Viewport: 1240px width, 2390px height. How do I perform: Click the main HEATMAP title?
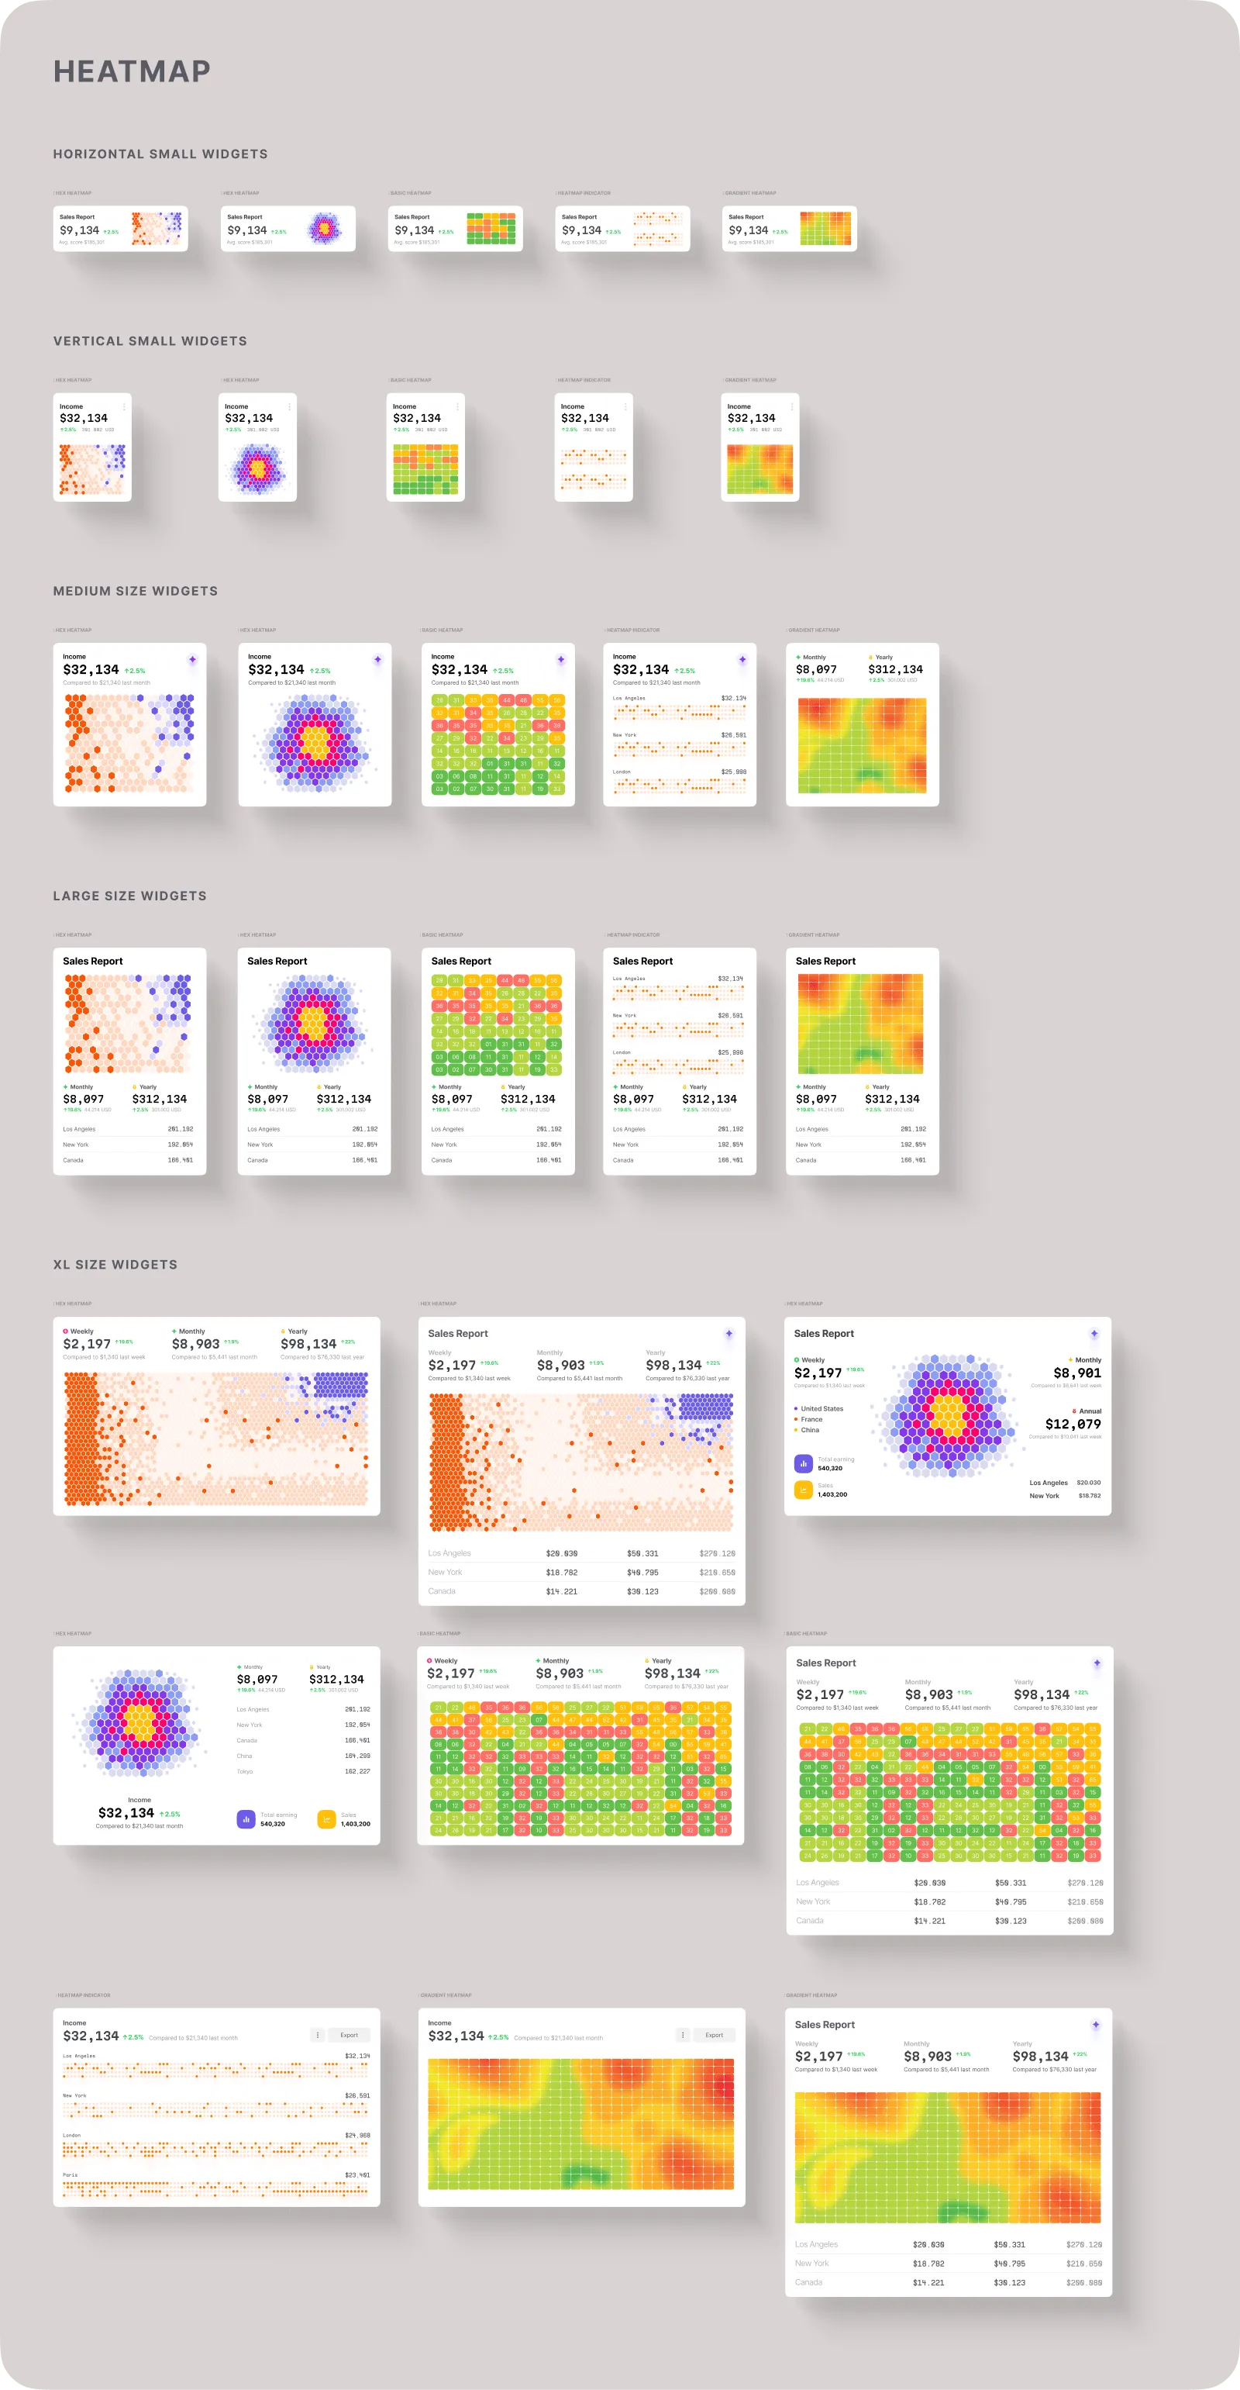point(132,71)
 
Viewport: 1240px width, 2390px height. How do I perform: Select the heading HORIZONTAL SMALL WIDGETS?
point(160,154)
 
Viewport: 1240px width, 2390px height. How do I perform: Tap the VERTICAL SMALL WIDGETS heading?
point(150,341)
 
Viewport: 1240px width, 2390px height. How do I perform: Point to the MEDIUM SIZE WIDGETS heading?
point(136,591)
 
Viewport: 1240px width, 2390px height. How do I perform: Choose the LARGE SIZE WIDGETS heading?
point(130,896)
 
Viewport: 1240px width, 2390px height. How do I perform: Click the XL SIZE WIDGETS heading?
point(115,1265)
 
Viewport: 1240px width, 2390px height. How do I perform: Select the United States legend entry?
point(821,1408)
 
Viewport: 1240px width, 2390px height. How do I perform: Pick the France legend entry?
point(811,1420)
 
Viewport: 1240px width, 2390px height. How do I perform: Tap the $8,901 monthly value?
point(1076,1373)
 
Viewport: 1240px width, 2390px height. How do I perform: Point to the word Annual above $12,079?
point(1090,1411)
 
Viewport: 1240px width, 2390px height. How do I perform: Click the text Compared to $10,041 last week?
point(1065,1436)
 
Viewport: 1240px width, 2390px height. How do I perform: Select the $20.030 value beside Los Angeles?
point(1088,1483)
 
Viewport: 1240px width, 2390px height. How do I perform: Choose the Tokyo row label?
point(245,1771)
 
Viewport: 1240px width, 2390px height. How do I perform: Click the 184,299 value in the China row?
point(357,1756)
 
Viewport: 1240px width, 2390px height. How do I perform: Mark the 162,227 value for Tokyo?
point(357,1771)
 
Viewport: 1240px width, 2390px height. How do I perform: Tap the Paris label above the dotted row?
point(69,2174)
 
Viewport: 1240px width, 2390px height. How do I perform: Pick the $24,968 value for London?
point(357,2135)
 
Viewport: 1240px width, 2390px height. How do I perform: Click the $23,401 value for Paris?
point(357,2174)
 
